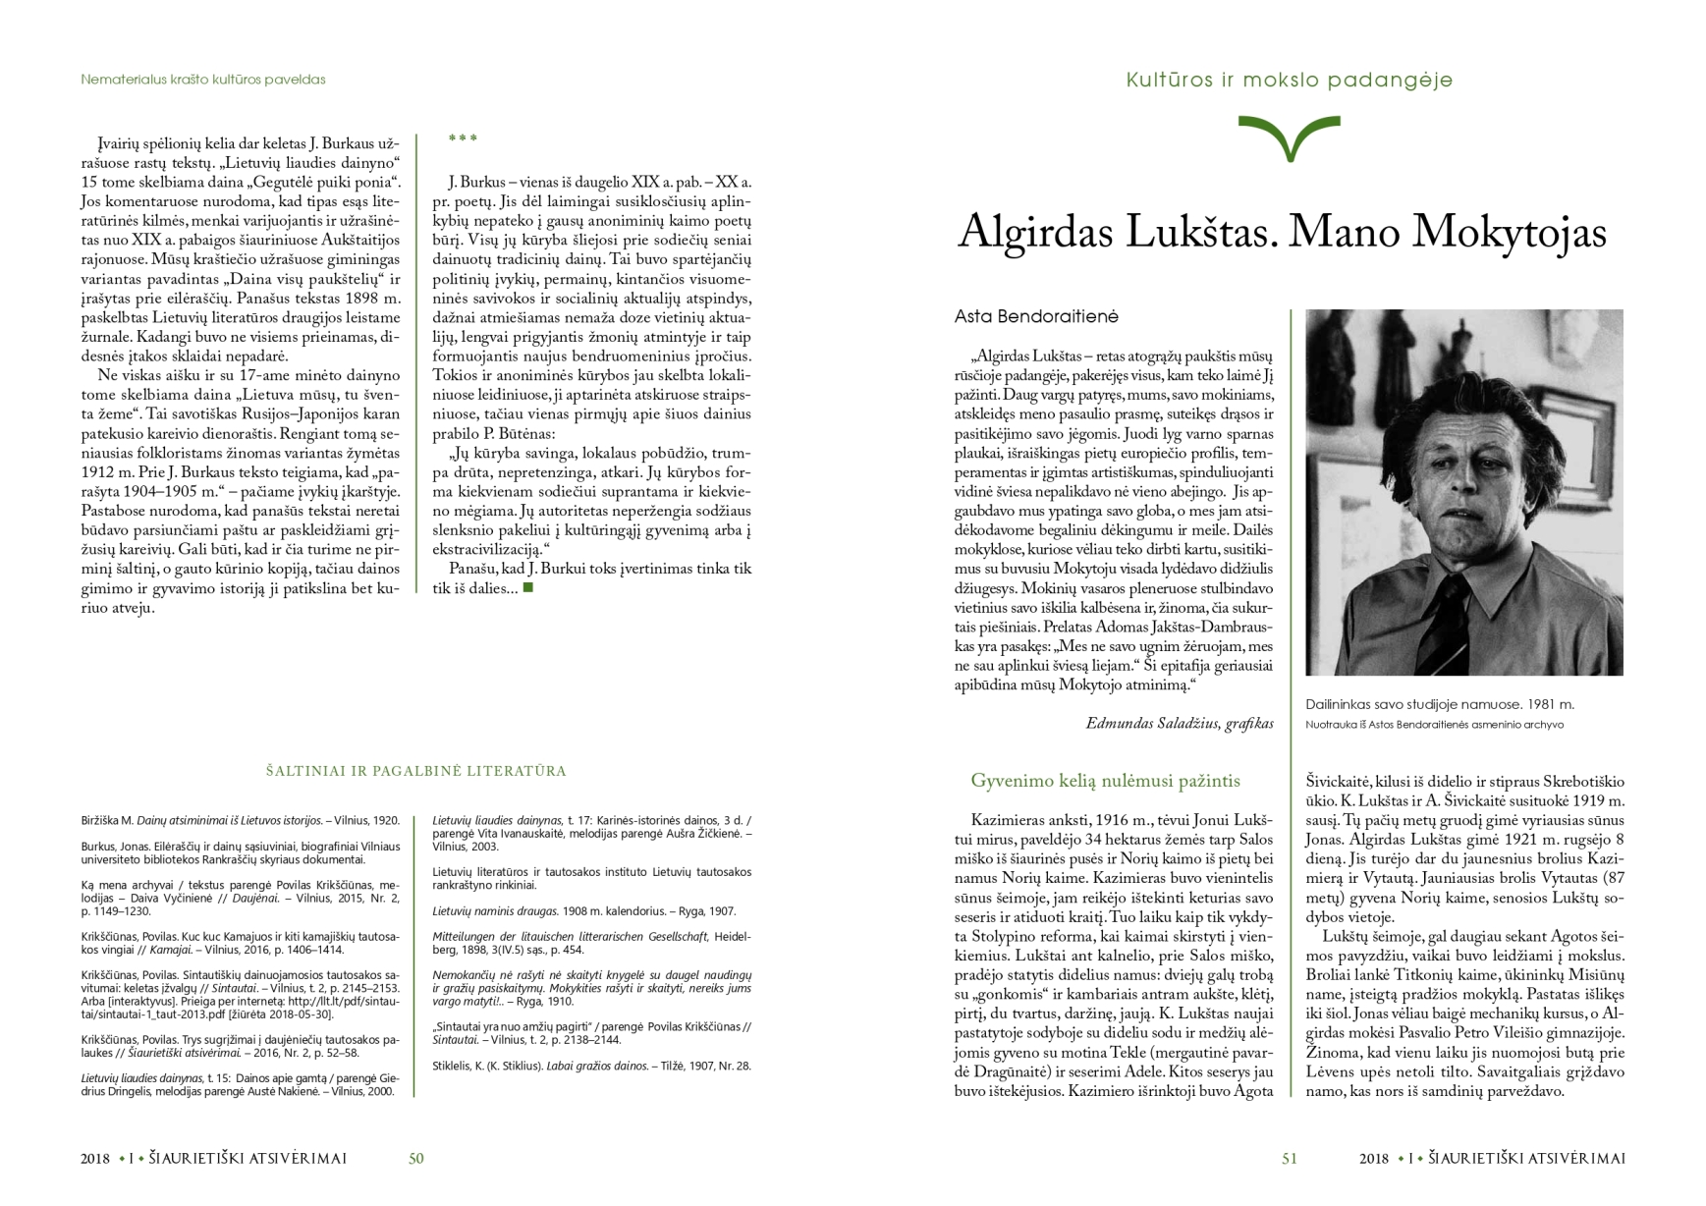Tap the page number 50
[415, 1159]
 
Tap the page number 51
[1290, 1159]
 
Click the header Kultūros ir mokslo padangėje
[1289, 80]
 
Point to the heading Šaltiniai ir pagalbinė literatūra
[415, 772]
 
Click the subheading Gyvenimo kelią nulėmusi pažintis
[1105, 782]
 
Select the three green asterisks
[463, 138]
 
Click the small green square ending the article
[528, 588]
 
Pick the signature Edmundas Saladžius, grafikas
[1179, 724]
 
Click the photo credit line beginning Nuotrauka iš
[1434, 725]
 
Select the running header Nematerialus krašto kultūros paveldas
[203, 80]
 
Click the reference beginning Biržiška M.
[240, 820]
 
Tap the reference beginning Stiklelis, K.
[591, 1066]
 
